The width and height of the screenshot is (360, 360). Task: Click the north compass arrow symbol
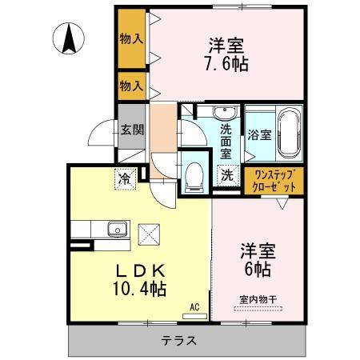(70, 37)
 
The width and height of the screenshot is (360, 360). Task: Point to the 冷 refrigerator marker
(125, 178)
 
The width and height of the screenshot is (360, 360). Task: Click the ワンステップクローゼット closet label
(274, 180)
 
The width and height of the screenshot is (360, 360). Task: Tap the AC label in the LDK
(194, 305)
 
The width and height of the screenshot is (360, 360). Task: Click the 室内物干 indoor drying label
(258, 299)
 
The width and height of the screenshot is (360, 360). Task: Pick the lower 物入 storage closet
(131, 85)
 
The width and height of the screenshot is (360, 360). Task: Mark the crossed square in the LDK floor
(150, 235)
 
